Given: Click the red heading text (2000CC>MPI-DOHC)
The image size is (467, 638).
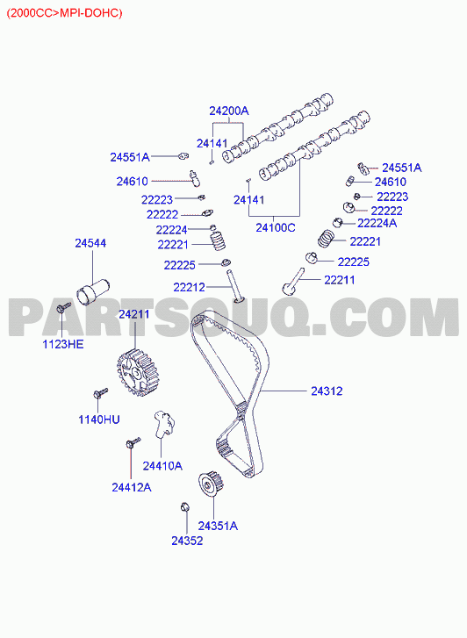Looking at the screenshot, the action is point(64,13).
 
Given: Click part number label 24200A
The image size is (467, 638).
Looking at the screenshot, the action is point(229,111).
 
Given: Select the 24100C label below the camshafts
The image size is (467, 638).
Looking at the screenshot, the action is point(276,227).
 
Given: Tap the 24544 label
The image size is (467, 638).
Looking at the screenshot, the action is point(90,243).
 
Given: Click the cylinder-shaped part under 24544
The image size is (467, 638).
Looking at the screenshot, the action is point(92,290).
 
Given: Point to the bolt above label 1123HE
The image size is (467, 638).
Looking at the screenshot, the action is point(63,307).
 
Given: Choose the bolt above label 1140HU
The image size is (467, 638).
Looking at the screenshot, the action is point(100,393).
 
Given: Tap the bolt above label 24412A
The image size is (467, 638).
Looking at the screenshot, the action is point(133,442).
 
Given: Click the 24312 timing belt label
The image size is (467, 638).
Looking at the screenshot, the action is point(327,391).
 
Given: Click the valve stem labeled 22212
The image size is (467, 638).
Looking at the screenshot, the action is point(236,286).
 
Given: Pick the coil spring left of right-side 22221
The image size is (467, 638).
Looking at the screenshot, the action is point(326,238).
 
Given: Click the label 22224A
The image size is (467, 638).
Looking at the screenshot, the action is point(377,223).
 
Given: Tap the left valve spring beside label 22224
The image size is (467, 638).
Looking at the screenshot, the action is point(218,240).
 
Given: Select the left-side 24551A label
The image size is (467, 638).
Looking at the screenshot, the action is point(130,157).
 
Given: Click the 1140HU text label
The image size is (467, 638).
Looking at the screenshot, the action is point(99,419).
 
